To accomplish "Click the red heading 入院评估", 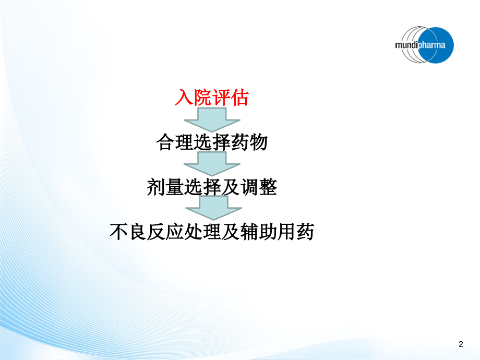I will pos(211,98).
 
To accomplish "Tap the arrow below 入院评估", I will pos(211,119).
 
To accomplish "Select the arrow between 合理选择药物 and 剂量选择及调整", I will pos(211,163).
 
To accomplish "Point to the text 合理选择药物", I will pos(212,142).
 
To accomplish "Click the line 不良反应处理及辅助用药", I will pos(211,231).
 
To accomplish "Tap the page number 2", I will pos(460,344).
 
